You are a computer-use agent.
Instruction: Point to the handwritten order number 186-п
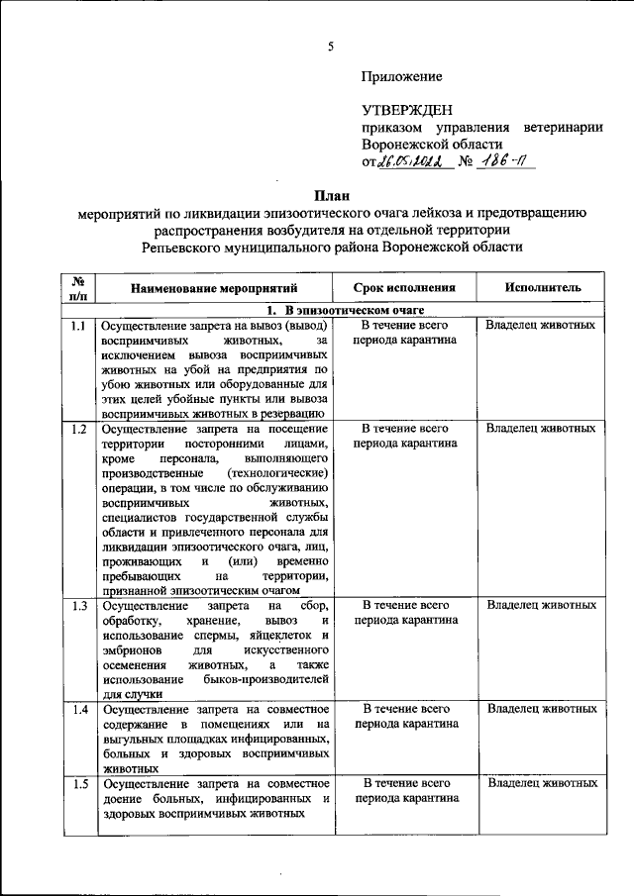[505, 161]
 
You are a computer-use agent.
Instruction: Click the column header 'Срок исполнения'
[406, 288]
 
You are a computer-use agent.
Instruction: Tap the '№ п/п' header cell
[78, 288]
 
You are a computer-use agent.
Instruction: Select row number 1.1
[78, 326]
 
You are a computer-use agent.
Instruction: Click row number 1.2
[78, 429]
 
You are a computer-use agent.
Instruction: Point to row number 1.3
[78, 605]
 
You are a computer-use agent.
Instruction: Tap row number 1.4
[78, 709]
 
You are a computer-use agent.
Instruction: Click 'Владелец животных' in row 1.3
[541, 605]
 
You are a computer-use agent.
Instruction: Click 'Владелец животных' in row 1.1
[541, 326]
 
